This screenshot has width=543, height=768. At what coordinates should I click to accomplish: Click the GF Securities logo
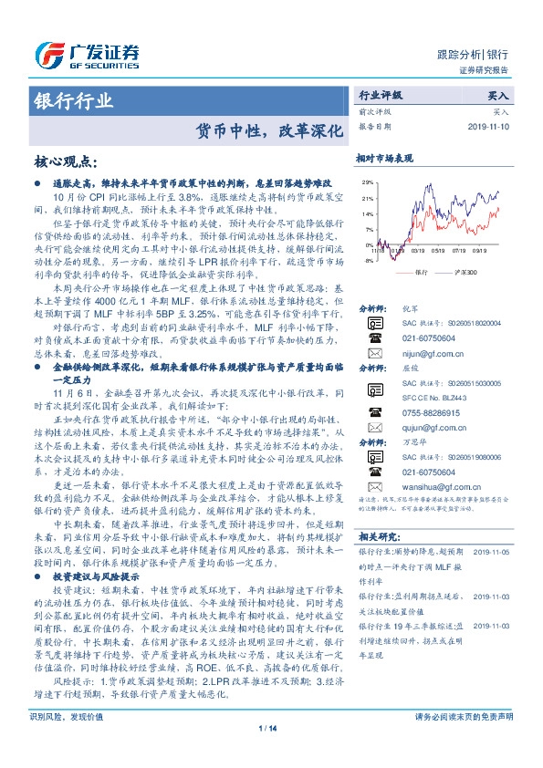(87, 53)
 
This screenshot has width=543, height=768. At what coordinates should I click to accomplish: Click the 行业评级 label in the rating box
(381, 95)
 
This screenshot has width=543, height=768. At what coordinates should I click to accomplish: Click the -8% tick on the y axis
(368, 261)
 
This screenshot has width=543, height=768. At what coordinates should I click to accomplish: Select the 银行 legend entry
(421, 272)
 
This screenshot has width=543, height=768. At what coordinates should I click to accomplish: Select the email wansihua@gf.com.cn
(434, 513)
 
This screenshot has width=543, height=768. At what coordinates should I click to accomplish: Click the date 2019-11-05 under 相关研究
(492, 577)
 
